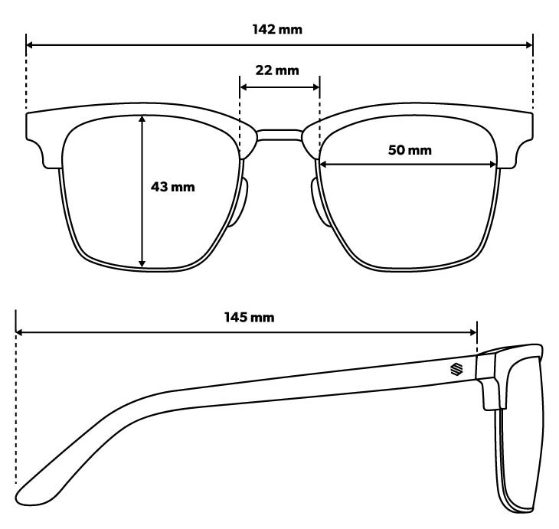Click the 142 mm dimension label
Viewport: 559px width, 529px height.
(x=277, y=29)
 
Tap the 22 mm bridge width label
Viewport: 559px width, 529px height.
(x=277, y=70)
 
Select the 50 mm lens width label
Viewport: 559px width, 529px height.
(x=410, y=150)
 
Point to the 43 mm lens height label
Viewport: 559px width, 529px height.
(x=173, y=187)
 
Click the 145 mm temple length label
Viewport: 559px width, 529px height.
(x=250, y=317)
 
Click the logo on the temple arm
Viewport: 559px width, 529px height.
(x=456, y=369)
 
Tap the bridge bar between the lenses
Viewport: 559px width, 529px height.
(x=279, y=135)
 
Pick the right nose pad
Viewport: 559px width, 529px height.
(x=320, y=201)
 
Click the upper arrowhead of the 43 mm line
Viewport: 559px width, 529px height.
(x=142, y=119)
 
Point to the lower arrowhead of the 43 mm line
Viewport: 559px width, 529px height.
(x=142, y=263)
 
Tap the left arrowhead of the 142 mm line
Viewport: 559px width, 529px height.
(x=30, y=45)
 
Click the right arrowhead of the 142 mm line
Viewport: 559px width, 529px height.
(x=529, y=45)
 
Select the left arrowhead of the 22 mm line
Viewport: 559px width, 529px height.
(x=244, y=87)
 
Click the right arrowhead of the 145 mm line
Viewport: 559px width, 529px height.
(x=473, y=332)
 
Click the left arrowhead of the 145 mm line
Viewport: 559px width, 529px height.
(x=20, y=332)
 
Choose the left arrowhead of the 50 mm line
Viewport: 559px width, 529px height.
(x=323, y=165)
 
